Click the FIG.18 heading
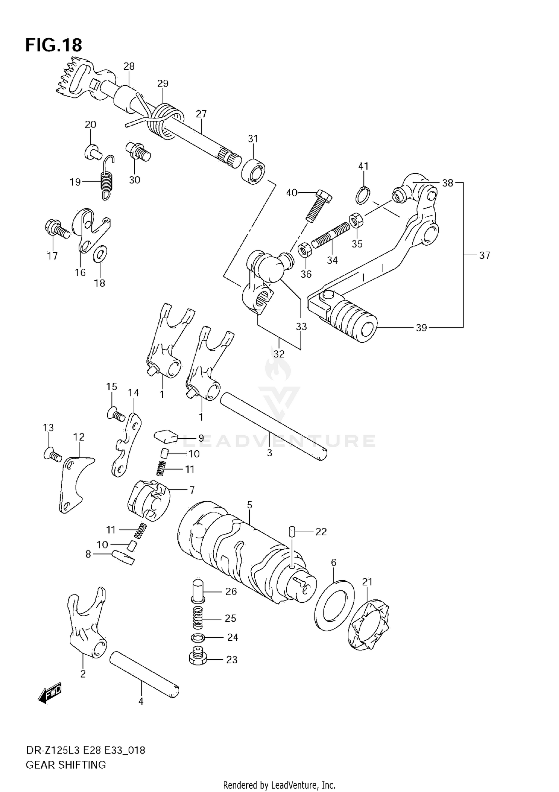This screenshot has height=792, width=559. (53, 45)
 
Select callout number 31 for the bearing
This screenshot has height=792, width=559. (253, 139)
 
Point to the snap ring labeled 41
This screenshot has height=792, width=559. (363, 195)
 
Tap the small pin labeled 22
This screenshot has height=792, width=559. (292, 532)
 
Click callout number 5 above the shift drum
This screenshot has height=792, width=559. (249, 505)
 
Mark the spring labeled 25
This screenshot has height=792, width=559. (199, 619)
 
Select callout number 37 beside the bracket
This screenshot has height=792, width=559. (484, 256)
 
